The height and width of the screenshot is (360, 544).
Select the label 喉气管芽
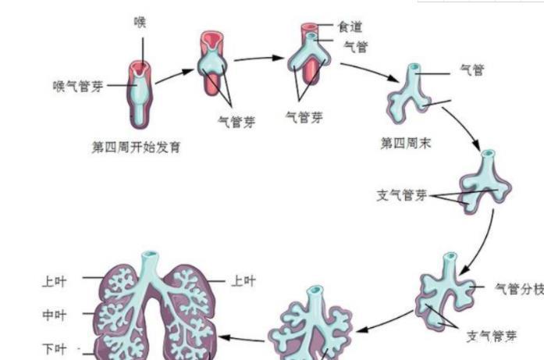tap(78, 87)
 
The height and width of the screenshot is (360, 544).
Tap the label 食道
tap(350, 26)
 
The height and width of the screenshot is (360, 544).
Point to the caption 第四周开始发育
tap(137, 146)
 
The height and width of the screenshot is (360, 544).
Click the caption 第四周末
tap(406, 143)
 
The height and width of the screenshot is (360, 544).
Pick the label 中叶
tap(54, 315)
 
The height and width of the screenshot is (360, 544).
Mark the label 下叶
tap(54, 348)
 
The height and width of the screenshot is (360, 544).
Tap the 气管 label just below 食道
tap(355, 47)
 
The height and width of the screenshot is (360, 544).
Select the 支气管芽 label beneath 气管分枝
tap(492, 337)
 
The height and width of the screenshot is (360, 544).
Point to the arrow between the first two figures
tap(174, 75)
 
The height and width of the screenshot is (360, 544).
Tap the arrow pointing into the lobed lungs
tap(242, 338)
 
